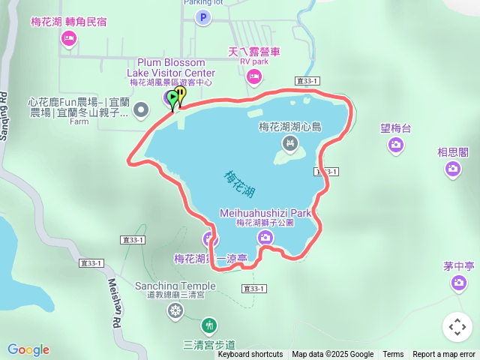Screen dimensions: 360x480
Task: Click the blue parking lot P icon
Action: coord(202,17)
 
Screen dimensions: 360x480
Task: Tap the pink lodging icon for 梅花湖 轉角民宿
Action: coord(69,37)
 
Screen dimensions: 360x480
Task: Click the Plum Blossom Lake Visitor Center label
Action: coord(176,67)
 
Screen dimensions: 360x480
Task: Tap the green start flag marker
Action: coord(173,97)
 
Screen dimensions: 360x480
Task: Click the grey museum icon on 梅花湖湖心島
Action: coord(289,142)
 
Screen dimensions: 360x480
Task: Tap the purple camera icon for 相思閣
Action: coord(453,168)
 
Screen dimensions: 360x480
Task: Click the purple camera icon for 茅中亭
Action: coord(459,283)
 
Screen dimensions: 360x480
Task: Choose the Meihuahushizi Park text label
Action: coord(265,213)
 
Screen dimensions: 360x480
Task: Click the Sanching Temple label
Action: coord(175,286)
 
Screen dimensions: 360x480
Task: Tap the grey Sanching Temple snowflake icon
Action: coord(175,310)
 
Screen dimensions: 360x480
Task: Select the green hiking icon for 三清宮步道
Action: coord(209,326)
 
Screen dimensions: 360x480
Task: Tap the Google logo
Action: coord(28,349)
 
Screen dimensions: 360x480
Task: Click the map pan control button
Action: coord(457,327)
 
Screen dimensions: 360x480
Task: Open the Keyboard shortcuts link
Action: coord(250,355)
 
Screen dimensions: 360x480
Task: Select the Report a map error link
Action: coord(444,355)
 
